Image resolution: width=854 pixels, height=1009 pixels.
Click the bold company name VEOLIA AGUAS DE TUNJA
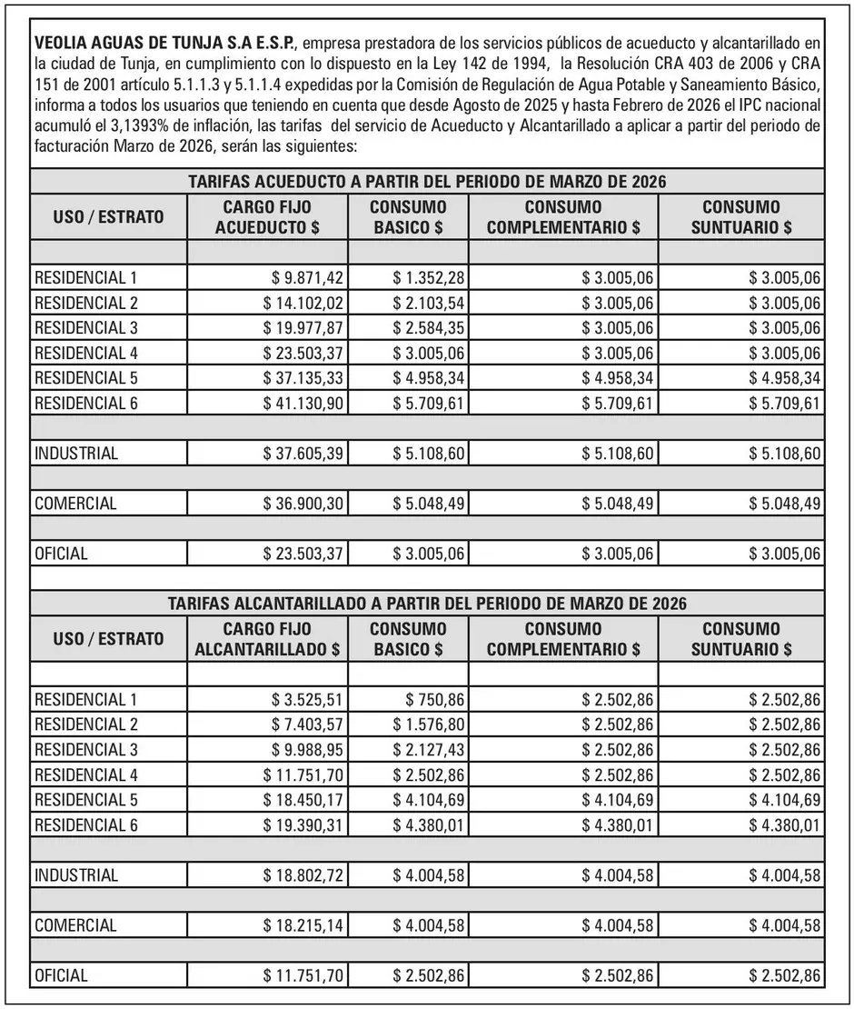pos(164,44)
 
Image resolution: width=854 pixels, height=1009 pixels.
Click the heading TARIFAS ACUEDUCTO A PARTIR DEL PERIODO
pos(426,181)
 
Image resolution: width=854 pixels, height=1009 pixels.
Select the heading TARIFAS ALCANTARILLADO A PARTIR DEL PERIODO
pos(426,603)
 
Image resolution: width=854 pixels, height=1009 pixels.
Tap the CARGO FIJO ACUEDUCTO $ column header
pos(267,217)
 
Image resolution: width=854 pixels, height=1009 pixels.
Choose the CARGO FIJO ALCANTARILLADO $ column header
pos(267,639)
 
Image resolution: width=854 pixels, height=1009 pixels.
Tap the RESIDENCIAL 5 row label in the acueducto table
pos(85,379)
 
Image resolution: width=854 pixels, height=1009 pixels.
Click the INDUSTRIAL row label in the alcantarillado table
pos(76,876)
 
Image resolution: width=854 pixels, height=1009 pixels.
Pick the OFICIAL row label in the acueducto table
pos(61,554)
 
